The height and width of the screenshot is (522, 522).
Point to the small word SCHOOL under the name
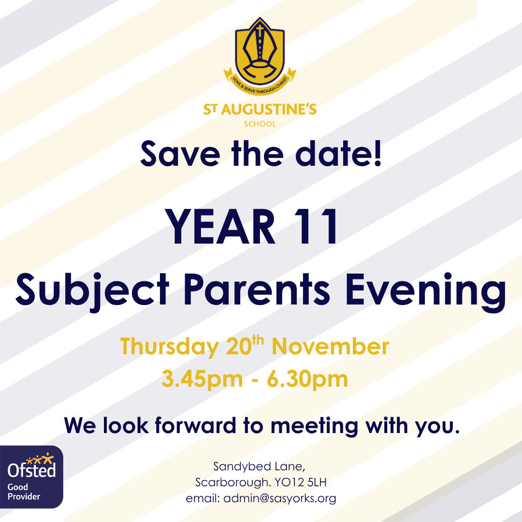tap(260, 124)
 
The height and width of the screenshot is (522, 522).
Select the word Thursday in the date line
tap(169, 348)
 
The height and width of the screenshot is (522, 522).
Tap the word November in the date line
tap(330, 347)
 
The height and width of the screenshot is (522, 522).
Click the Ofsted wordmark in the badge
tap(32, 470)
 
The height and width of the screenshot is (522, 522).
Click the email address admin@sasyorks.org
tap(280, 498)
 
